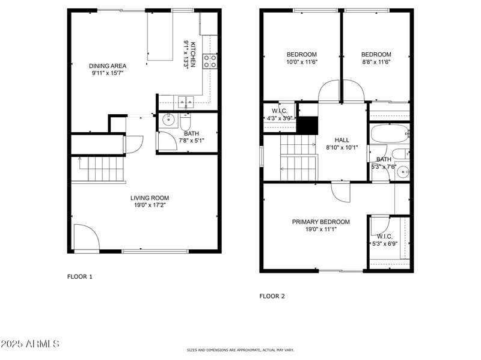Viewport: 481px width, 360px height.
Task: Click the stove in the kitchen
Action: (x=210, y=61)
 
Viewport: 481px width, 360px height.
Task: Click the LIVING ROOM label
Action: (x=150, y=198)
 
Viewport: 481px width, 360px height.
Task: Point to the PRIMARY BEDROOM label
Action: (x=320, y=222)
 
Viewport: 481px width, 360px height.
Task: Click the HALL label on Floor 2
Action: (x=342, y=139)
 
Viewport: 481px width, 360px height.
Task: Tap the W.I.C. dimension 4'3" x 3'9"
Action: (x=280, y=118)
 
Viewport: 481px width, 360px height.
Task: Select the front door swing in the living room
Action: (x=84, y=237)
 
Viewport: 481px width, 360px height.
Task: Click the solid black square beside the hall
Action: (x=308, y=126)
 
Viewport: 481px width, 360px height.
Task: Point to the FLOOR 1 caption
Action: (x=79, y=277)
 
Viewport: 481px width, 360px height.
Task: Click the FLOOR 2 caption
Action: (x=272, y=296)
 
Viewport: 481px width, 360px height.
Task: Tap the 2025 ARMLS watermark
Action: (x=30, y=344)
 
